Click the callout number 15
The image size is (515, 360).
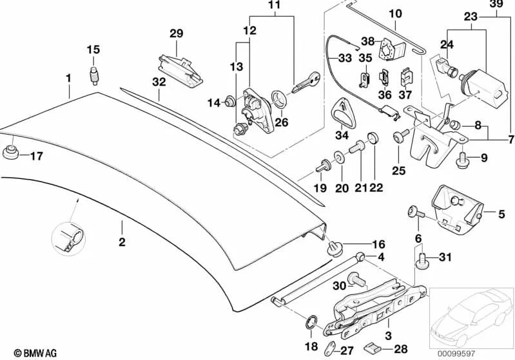[x=93, y=50]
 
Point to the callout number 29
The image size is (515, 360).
[x=177, y=33]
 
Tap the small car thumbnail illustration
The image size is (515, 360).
[x=473, y=316]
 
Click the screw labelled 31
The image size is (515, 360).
[x=423, y=260]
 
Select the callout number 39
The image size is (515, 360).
[x=496, y=5]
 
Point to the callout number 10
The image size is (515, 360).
[x=394, y=13]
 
